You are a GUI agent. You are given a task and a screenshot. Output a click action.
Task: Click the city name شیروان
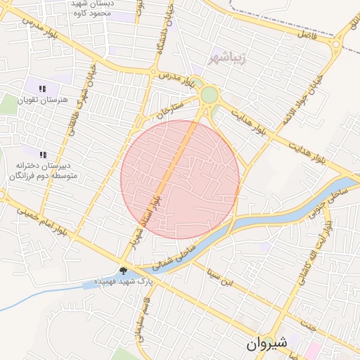pyautogui.click(x=268, y=344)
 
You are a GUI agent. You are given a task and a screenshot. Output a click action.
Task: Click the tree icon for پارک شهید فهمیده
pyautogui.click(x=123, y=271)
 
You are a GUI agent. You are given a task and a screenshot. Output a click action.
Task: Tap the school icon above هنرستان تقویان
pyautogui.click(x=43, y=89)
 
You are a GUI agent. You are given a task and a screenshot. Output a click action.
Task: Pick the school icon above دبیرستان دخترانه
pyautogui.click(x=43, y=154)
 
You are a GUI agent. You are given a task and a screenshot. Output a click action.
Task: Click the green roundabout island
pyautogui.click(x=209, y=95)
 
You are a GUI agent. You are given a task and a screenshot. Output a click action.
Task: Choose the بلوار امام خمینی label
pyautogui.click(x=44, y=221)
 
